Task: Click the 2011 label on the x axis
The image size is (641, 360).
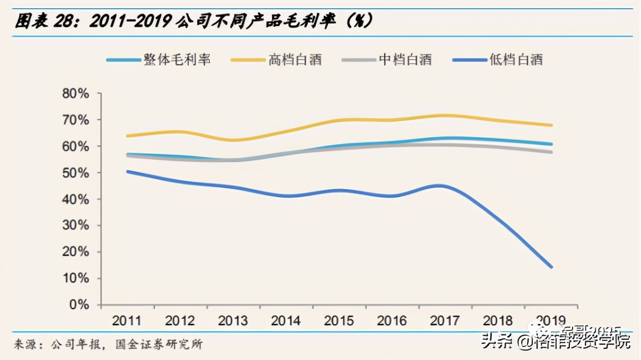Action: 127,320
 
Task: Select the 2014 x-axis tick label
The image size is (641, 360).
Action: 286,320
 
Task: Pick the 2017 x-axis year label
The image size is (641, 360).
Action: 445,320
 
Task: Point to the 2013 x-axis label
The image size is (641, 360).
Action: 233,320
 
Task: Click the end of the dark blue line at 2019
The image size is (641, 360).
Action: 551,267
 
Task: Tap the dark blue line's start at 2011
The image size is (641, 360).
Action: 127,171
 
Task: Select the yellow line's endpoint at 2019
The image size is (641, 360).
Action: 551,125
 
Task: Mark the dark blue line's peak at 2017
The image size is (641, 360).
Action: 441,186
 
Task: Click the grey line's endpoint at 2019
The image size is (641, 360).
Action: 551,152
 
